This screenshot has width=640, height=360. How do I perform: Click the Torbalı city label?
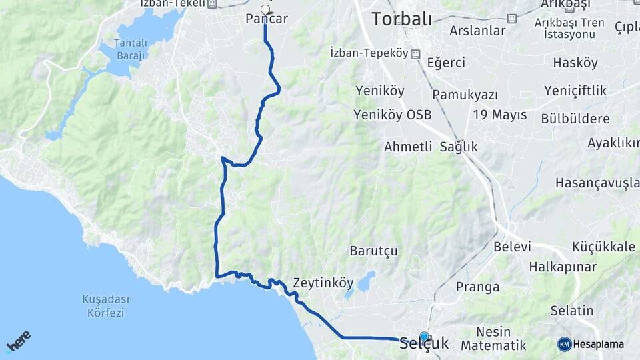401,19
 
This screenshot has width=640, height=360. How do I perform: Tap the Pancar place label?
267,19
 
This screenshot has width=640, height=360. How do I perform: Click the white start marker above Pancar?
265,9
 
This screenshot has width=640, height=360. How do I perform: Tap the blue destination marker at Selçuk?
424,337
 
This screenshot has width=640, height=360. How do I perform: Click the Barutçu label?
373,251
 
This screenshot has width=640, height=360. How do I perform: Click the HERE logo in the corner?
18,341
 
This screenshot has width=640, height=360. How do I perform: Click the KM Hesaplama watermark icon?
565,344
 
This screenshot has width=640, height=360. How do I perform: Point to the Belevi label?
512,247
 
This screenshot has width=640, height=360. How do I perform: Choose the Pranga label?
477,287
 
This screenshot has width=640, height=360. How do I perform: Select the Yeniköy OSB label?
393,115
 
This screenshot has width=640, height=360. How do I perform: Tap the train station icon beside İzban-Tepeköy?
415,53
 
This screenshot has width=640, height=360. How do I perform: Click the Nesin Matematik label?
494,339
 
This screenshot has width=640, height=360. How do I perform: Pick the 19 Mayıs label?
499,115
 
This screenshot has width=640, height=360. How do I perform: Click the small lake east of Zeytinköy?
365,281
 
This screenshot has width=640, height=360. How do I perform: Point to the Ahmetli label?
408,147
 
